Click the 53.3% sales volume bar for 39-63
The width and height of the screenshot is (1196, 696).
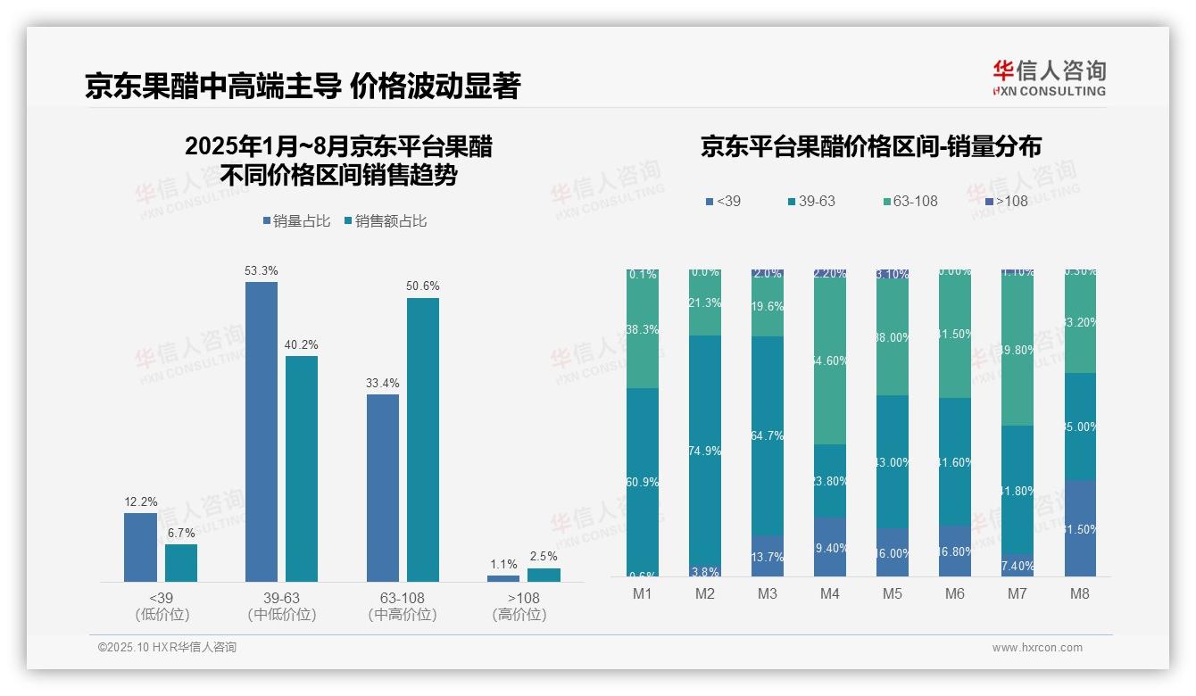[x=261, y=432]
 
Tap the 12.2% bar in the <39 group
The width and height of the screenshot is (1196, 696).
[x=140, y=547]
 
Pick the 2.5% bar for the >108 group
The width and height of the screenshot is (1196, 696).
[x=544, y=575]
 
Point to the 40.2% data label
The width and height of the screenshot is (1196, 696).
[x=302, y=344]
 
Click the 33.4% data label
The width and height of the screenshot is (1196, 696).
[x=382, y=383]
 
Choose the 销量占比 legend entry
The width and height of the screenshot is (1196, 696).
[x=298, y=221]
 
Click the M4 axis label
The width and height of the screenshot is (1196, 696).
[x=830, y=593]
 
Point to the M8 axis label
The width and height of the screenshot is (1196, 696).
[x=1080, y=593]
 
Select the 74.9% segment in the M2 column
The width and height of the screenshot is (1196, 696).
[x=705, y=451]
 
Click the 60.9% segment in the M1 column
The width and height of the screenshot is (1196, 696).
[x=643, y=482]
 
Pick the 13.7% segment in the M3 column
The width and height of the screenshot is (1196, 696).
[x=768, y=556]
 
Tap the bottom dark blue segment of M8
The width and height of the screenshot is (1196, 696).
[x=1080, y=528]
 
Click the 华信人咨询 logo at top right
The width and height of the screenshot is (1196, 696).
[x=1049, y=78]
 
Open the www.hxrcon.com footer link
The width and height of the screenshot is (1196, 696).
[x=1036, y=648]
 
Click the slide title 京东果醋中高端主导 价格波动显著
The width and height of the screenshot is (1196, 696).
[x=303, y=86]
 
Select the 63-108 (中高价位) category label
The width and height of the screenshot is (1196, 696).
[x=403, y=606]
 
